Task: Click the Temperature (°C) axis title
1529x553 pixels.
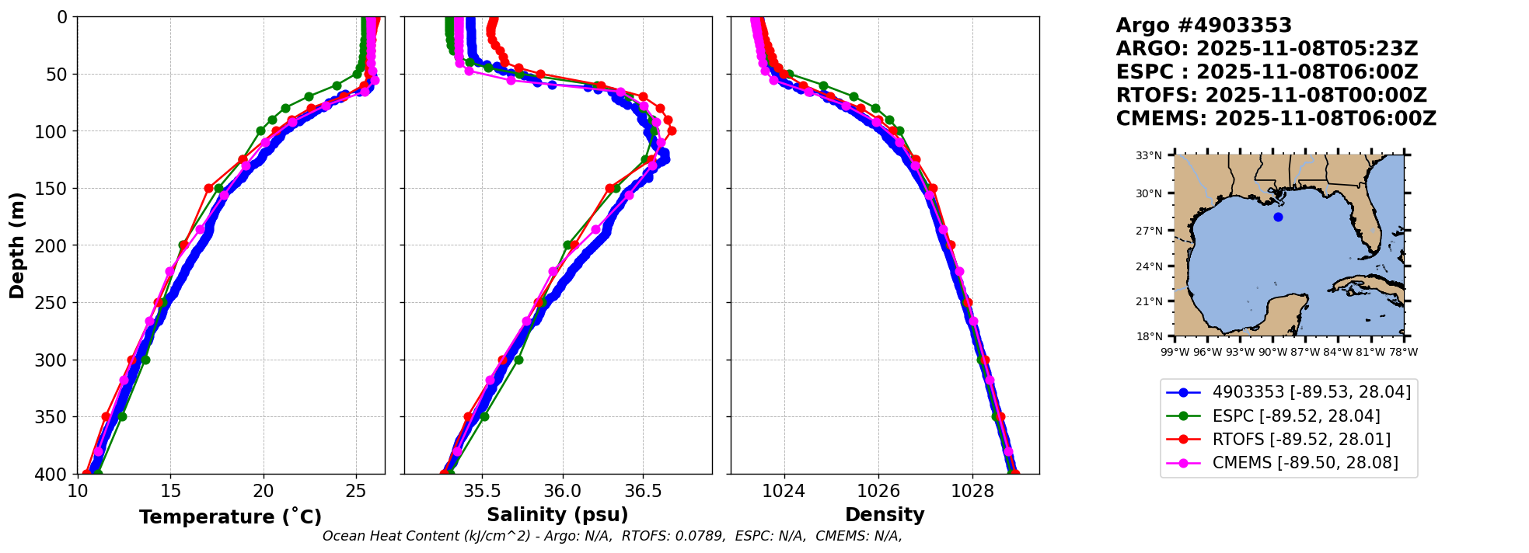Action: click(230, 517)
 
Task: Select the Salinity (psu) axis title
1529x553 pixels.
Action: click(557, 515)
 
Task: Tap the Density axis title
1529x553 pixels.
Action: click(885, 515)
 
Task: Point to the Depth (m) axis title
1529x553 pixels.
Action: click(17, 245)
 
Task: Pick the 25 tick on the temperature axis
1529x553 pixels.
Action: click(356, 491)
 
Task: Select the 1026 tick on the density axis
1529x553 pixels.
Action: click(878, 491)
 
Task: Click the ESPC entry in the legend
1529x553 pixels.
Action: click(1296, 416)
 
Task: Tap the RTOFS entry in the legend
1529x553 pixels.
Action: click(1301, 440)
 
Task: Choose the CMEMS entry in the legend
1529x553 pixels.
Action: click(1305, 463)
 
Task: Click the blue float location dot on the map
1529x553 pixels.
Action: click(1278, 217)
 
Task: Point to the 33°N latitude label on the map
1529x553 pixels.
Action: click(1149, 155)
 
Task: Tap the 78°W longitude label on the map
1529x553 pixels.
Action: click(1403, 352)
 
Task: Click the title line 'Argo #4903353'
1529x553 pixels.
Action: click(1203, 26)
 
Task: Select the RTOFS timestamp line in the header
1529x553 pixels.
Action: click(1271, 96)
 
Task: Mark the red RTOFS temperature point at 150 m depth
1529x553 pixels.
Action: click(208, 188)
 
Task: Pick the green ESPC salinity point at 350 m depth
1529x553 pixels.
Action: click(484, 416)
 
